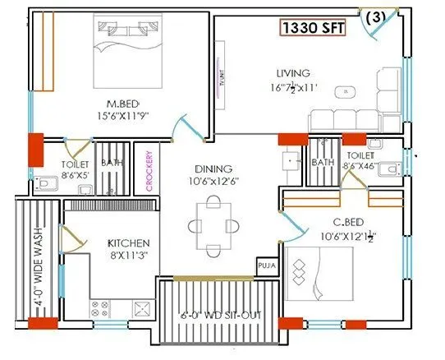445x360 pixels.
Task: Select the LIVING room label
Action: pos(292,75)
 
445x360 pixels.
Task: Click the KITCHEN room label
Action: pos(128,243)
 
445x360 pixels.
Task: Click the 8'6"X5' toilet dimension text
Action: pos(76,174)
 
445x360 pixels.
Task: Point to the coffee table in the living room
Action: pos(346,92)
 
